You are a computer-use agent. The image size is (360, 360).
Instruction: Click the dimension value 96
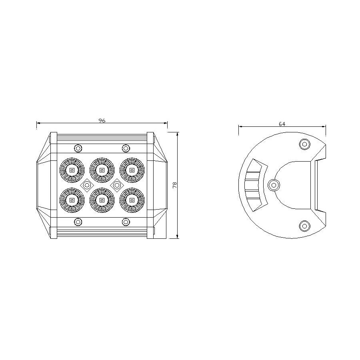(x=102, y=120)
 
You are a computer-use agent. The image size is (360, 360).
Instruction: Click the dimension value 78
(x=175, y=185)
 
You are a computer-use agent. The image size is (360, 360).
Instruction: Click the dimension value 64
(x=282, y=124)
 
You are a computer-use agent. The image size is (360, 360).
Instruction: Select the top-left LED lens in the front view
(x=72, y=170)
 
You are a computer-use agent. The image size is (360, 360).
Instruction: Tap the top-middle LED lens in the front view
(x=102, y=170)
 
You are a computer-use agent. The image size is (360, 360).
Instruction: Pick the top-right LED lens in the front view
(x=132, y=170)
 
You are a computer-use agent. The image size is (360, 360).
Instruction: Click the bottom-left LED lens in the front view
(x=72, y=200)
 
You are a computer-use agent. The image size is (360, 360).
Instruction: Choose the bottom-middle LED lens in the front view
(x=102, y=200)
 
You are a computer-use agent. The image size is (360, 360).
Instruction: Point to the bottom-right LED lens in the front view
(x=132, y=200)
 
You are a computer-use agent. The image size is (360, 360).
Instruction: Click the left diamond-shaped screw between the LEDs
(x=87, y=185)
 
